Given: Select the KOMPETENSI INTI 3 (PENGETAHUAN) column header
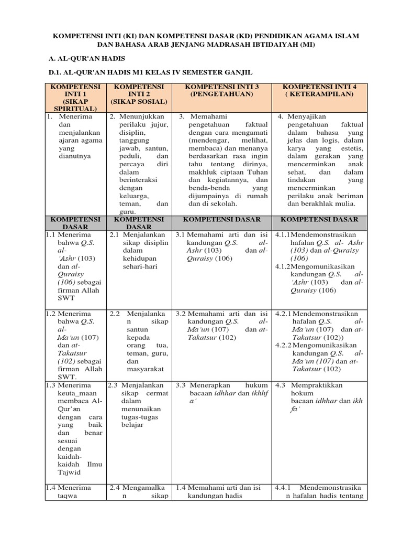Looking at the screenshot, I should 222,90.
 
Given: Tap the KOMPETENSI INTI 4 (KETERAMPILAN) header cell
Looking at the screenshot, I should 320,90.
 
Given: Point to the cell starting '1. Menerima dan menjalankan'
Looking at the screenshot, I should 75,136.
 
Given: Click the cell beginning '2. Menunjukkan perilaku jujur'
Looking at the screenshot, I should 139,163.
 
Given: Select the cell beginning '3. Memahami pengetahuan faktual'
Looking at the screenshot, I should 222,159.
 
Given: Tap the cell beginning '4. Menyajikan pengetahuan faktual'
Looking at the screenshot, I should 320,159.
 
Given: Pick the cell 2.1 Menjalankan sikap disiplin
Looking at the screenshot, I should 139,251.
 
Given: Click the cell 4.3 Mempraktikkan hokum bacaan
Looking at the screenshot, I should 319,396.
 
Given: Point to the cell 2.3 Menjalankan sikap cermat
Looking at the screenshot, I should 139,404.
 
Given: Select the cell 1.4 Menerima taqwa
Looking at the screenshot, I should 75,491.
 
